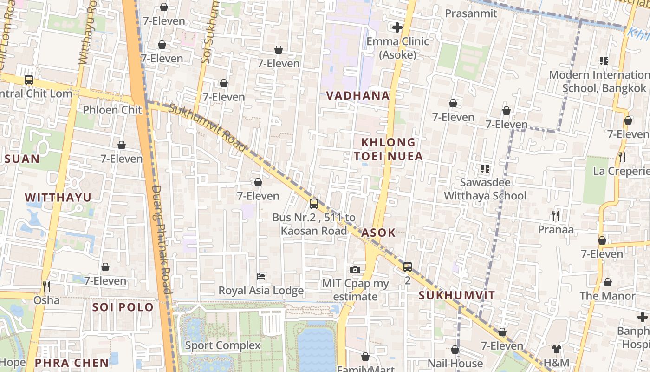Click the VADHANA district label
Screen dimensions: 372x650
pos(357,96)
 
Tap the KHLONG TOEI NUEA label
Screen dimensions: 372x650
pos(389,149)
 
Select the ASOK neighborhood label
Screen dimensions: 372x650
pos(378,232)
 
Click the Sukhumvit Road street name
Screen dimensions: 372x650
pos(208,127)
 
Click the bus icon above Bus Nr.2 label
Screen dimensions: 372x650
pos(314,203)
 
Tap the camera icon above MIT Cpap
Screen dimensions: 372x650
pos(355,270)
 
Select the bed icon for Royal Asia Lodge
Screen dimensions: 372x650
pos(261,277)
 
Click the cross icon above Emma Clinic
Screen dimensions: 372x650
pos(397,27)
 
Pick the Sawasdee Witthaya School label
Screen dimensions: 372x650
pos(485,189)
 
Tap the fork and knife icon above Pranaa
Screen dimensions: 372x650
pos(555,215)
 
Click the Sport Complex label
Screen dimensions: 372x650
pos(223,345)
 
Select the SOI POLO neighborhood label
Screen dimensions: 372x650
pos(123,307)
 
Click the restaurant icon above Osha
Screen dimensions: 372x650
pos(46,286)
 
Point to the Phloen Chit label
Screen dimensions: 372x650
pos(112,110)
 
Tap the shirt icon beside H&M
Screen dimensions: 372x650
pos(556,349)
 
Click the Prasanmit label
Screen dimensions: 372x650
pos(471,13)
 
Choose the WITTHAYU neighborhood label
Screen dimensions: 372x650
pos(58,198)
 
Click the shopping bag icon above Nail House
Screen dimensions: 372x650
pos(455,350)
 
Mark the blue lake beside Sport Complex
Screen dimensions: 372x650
pos(316,349)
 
